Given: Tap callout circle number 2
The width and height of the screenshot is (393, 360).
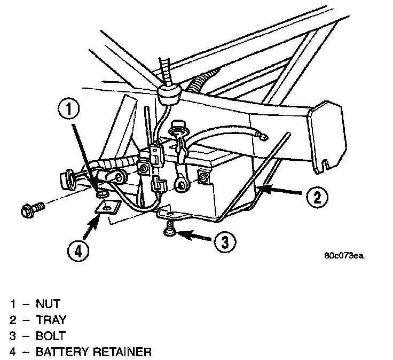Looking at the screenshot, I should [317, 197].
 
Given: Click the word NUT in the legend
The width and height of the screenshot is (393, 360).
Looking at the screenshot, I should [47, 305].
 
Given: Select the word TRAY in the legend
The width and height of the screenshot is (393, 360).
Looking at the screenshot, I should [51, 320].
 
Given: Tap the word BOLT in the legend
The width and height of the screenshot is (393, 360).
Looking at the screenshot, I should [51, 336].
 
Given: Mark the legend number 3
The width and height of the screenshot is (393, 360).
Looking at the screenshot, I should [12, 336].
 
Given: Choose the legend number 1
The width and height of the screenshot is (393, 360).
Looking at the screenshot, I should [12, 305].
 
